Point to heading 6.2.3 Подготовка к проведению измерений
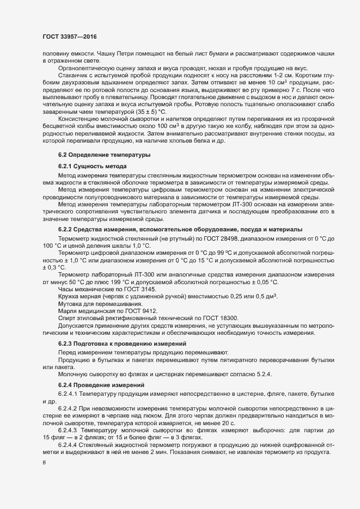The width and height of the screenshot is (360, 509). [x=123, y=344]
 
